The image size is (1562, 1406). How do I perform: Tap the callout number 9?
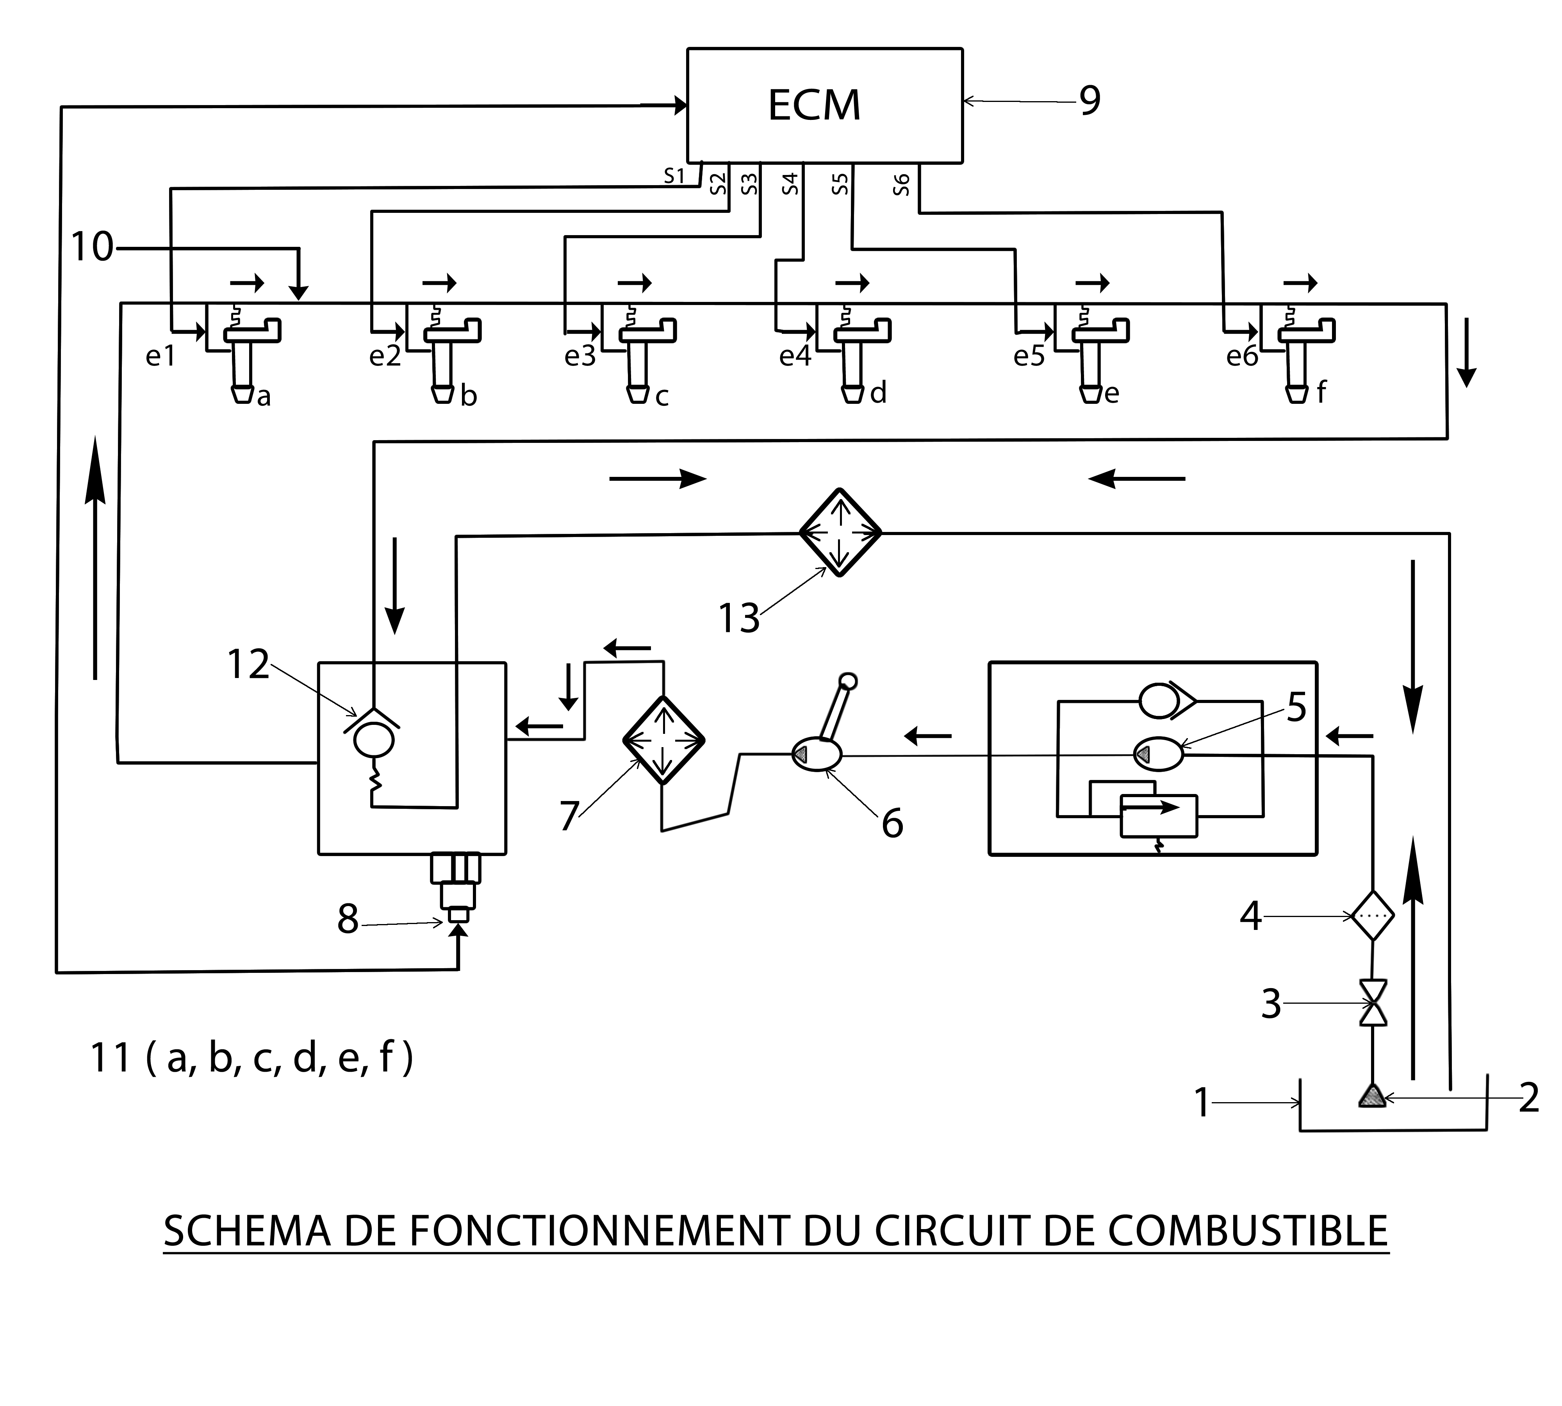tap(1089, 100)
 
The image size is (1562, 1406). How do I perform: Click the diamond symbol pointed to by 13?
tap(840, 532)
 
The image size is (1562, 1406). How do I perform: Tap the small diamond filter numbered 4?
tap(1373, 916)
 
